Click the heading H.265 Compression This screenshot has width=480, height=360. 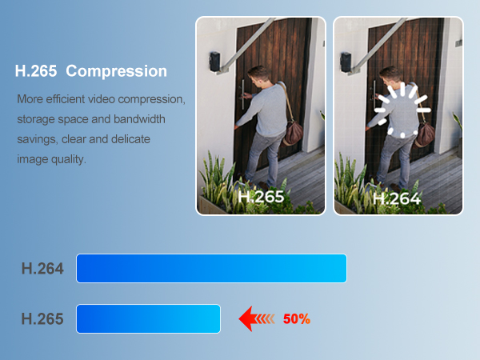[90, 71]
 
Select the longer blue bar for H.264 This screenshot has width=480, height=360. [211, 268]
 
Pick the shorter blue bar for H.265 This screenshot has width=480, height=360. [148, 318]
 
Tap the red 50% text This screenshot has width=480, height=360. [296, 319]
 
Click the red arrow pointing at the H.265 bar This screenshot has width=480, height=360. [256, 319]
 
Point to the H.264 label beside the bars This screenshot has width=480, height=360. [42, 269]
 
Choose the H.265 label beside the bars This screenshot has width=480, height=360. [42, 319]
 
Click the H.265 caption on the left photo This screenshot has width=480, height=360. [261, 197]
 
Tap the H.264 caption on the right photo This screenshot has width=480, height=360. [398, 197]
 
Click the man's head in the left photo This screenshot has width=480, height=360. [258, 77]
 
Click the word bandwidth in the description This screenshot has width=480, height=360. [142, 120]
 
